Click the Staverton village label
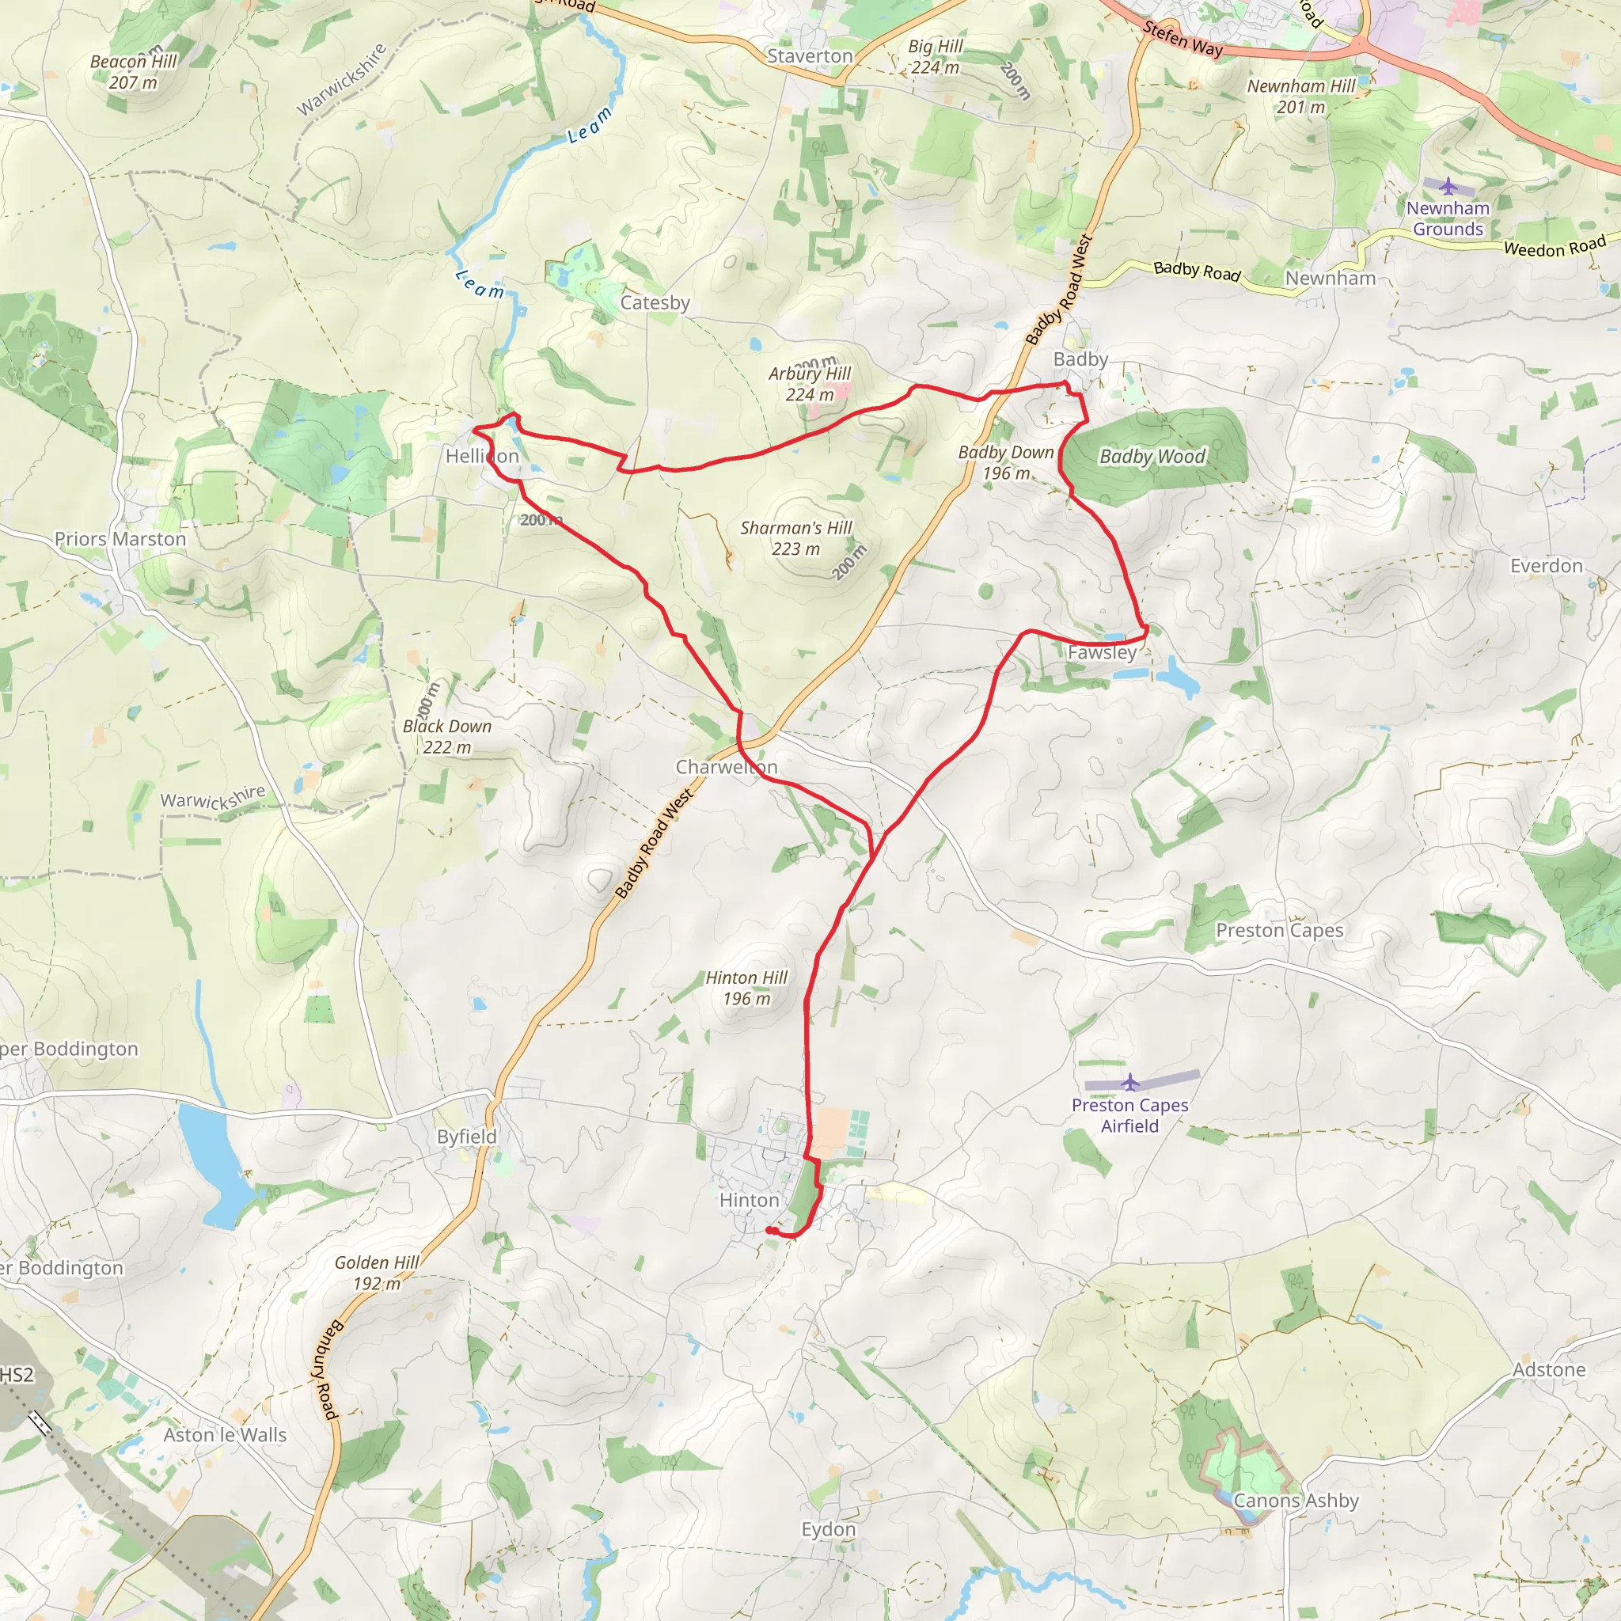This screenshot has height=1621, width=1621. (x=810, y=56)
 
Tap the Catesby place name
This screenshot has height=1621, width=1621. (x=655, y=303)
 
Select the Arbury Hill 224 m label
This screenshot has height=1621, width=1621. (x=810, y=383)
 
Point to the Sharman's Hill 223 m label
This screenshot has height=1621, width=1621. (x=795, y=537)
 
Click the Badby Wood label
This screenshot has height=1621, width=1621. (x=1152, y=457)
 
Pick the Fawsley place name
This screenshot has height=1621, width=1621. (x=1102, y=653)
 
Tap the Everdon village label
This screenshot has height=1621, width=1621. (x=1546, y=567)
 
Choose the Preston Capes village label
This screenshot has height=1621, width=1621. (x=1279, y=931)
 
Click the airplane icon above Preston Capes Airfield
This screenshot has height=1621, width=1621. (x=1130, y=1081)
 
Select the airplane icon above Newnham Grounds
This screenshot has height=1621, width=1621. (x=1448, y=185)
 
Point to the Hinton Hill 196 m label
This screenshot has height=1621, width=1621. (x=746, y=988)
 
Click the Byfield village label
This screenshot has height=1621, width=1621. (x=466, y=1137)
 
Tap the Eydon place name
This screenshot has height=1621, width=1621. (x=828, y=1529)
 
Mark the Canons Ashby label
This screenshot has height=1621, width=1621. (x=1296, y=1500)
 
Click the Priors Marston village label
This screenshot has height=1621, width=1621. (x=120, y=540)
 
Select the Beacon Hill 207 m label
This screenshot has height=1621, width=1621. (x=134, y=71)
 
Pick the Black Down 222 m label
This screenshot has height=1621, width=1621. (x=446, y=737)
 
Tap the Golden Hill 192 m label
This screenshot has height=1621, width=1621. (x=377, y=1273)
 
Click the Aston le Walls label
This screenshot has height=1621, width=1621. (x=225, y=1436)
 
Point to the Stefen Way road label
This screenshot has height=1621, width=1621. (x=1183, y=39)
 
